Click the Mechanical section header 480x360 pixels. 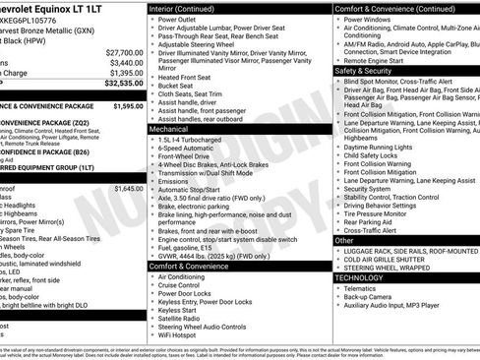point(169,129)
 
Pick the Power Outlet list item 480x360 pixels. point(177,19)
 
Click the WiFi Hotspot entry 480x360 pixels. point(182,335)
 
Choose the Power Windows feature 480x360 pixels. point(367,19)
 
